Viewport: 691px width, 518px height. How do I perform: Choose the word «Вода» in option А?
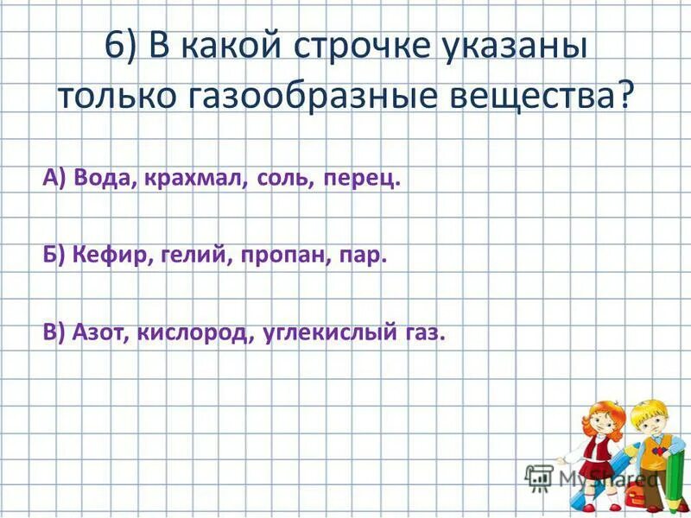pyautogui.click(x=102, y=179)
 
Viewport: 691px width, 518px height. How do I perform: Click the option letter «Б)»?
pyautogui.click(x=54, y=256)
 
